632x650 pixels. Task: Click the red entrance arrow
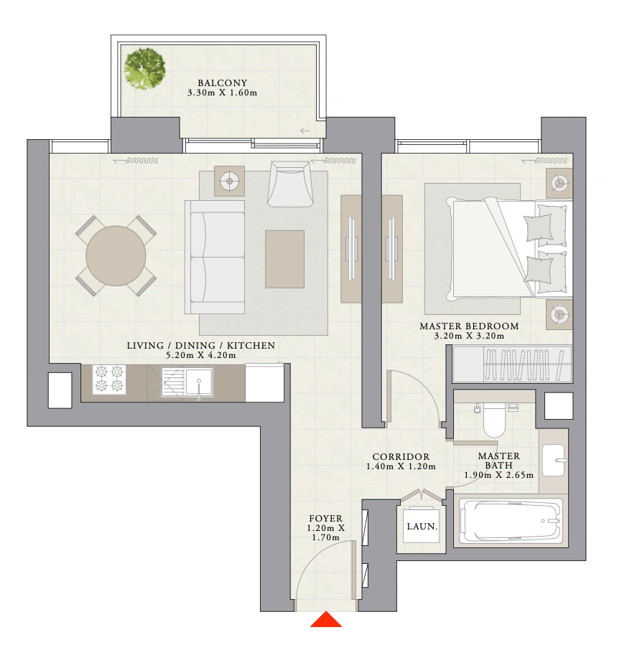point(326,620)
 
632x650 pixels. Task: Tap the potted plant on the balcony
point(145,68)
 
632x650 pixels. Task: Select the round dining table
point(116,256)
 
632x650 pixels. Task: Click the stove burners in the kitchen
point(109,379)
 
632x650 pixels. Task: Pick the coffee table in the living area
point(284,259)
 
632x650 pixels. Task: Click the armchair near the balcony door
point(289,184)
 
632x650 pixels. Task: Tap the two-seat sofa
point(215,257)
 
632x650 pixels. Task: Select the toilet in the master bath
point(494,420)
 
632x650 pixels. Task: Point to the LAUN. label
point(422,527)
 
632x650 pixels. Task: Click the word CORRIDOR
point(401,457)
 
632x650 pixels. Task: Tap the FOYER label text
point(326,519)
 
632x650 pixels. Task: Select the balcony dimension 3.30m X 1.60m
point(222,93)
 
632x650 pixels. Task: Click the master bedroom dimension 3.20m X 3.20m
point(469,336)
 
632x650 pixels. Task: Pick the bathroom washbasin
point(554,461)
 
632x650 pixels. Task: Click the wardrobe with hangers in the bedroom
point(512,364)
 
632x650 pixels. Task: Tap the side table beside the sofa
point(229,181)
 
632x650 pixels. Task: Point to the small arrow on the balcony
point(305,131)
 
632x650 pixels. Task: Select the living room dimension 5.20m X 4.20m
point(201,355)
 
